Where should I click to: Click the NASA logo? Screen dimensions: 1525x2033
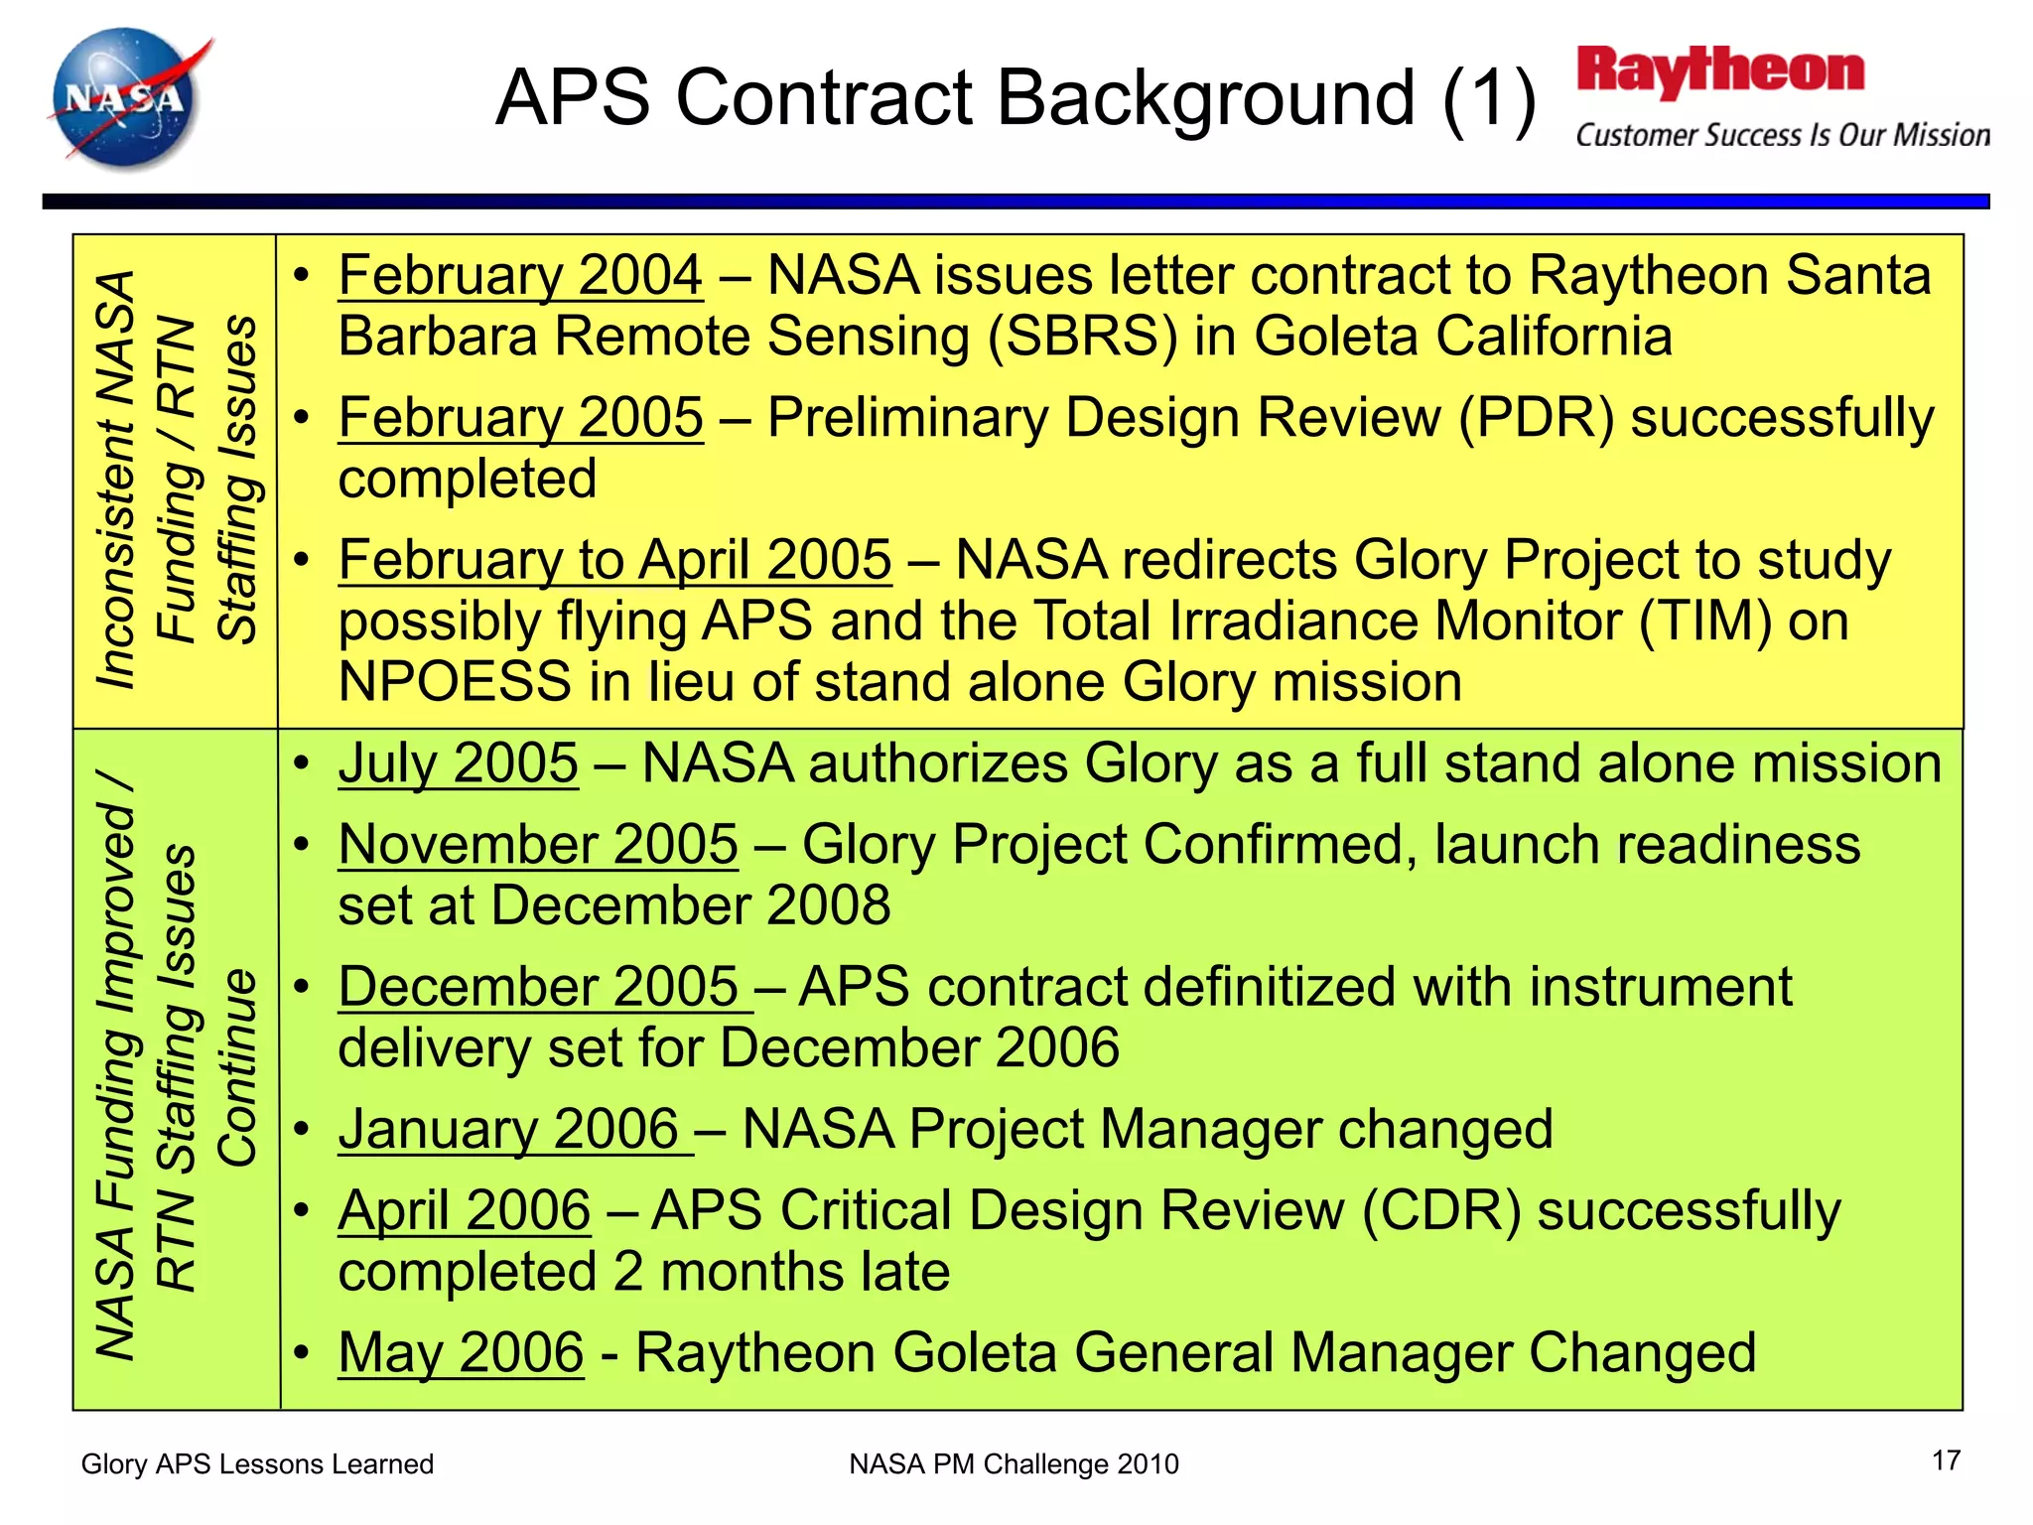tap(127, 99)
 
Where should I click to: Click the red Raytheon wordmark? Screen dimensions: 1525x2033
tap(1720, 71)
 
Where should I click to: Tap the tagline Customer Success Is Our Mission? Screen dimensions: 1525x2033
tap(1782, 135)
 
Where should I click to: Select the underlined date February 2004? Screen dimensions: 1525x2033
tap(520, 275)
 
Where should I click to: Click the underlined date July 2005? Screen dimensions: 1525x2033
tap(458, 763)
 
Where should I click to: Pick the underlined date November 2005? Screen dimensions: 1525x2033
tap(538, 845)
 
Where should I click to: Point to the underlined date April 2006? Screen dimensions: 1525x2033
tap(464, 1211)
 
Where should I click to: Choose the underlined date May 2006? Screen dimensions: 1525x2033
tap(461, 1352)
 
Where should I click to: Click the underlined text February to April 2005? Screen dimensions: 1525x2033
tap(614, 560)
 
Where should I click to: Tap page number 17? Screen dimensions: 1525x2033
tap(1946, 1460)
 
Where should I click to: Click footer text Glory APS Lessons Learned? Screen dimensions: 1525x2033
tap(257, 1464)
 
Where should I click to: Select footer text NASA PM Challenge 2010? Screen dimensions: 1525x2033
tap(1014, 1464)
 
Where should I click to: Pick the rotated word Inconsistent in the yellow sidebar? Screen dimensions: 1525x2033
tap(116, 551)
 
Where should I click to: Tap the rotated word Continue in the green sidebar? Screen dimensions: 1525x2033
tap(238, 1068)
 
